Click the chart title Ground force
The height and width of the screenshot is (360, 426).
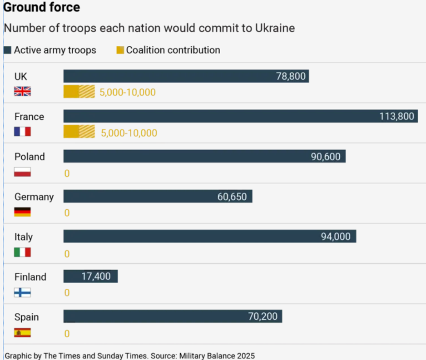tap(42, 7)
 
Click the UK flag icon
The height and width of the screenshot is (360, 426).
tap(23, 92)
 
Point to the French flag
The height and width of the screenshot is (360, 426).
tap(23, 132)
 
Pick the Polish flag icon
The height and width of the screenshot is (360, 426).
tap(23, 172)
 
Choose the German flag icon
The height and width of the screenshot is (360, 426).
tap(23, 212)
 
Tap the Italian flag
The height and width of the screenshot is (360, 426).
tap(23, 252)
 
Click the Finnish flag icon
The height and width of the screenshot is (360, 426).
tap(23, 292)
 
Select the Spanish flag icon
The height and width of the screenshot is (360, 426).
tap(23, 332)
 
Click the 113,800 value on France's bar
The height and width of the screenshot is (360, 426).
tap(396, 116)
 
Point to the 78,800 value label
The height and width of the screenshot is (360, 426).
tap(291, 76)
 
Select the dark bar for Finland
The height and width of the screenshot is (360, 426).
tap(90, 276)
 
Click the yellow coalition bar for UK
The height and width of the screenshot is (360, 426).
tap(79, 92)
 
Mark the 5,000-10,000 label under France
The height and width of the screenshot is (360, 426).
tap(129, 133)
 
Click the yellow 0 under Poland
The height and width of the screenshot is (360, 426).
tap(67, 173)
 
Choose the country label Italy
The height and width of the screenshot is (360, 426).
tap(24, 237)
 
